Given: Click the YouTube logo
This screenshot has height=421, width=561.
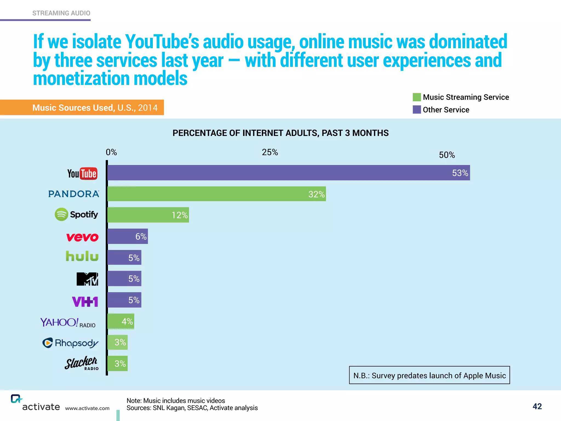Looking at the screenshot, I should (82, 173).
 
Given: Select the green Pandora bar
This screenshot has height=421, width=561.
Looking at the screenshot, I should (216, 194).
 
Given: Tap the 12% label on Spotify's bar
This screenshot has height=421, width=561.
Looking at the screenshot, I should (180, 215).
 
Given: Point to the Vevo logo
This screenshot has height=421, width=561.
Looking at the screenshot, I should (82, 237).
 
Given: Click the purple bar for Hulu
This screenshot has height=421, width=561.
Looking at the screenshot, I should (124, 257).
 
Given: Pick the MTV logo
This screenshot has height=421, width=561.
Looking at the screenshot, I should (87, 279).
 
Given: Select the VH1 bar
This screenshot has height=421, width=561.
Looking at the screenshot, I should (124, 300).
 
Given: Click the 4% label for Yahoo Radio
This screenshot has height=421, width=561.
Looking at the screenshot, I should (127, 321).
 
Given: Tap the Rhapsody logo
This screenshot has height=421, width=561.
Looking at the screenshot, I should (70, 343).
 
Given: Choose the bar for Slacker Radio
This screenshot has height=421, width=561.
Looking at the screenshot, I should (118, 363).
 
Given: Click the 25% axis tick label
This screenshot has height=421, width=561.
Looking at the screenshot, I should (270, 152).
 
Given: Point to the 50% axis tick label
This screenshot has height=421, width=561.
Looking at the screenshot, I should (447, 155).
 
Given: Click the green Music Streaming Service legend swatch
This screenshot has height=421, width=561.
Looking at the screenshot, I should (417, 97).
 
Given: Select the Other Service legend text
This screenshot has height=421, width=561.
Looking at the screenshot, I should (446, 110).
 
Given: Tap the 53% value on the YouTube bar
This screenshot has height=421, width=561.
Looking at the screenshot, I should (460, 173).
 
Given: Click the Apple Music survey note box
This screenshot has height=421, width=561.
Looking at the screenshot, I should (429, 375).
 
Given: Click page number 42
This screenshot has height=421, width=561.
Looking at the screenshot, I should (537, 406).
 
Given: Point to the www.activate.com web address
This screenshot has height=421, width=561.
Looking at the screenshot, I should (87, 408).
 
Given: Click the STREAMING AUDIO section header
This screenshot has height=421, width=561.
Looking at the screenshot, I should (61, 13).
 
